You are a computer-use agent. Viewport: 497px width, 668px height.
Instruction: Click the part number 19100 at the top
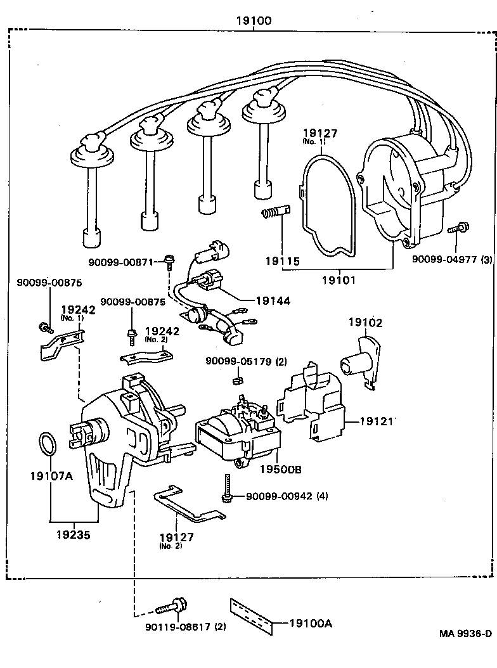(254, 21)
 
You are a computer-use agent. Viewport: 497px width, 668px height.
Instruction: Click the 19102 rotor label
(365, 322)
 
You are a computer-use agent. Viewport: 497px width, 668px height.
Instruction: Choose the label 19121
(378, 421)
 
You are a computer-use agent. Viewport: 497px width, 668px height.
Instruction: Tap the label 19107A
(51, 475)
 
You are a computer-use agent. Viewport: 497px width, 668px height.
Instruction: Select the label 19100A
(311, 624)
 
